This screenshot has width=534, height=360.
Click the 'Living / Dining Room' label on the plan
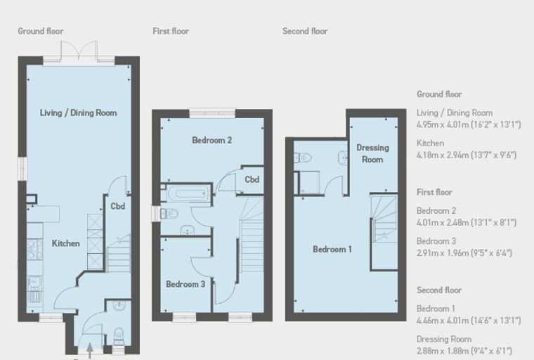tap(78, 112)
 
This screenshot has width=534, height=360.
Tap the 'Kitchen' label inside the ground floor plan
tap(66, 243)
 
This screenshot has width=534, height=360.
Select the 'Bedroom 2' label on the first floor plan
tap(211, 140)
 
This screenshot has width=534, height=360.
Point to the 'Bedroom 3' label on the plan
tap(185, 284)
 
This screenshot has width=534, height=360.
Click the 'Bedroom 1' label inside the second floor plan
tap(332, 249)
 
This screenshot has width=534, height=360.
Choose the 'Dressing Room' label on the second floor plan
tap(372, 153)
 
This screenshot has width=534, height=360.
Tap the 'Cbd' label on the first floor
tap(252, 179)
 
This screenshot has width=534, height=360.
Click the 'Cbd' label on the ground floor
tap(118, 206)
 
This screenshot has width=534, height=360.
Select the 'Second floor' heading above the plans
tap(305, 31)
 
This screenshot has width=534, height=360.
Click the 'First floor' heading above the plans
tap(171, 31)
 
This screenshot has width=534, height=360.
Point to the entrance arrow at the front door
tap(90, 351)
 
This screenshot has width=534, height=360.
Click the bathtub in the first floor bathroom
tap(188, 193)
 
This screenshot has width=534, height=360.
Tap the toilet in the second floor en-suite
tap(303, 157)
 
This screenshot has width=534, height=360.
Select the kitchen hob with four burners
tap(34, 249)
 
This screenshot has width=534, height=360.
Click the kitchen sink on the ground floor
tap(34, 289)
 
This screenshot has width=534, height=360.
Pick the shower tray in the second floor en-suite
tap(309, 183)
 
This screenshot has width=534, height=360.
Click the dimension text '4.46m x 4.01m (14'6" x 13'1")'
tap(469, 321)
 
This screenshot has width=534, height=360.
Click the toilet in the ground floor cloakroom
tap(119, 336)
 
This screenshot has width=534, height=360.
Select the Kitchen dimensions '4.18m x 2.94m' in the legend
tap(443, 155)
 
